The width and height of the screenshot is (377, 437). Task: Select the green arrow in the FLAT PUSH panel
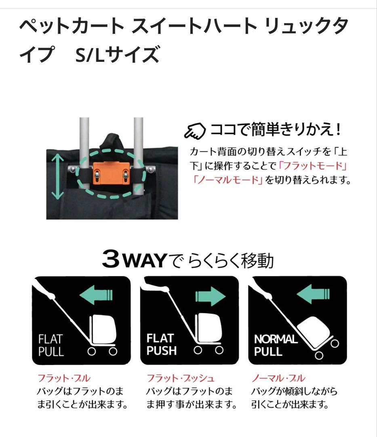tap(210, 297)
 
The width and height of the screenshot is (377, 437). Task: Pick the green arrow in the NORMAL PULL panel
tap(313, 294)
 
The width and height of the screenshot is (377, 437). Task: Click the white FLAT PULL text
tap(51, 344)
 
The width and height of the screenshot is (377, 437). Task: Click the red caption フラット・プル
tap(64, 379)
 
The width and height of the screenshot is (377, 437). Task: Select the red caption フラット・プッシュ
tap(180, 379)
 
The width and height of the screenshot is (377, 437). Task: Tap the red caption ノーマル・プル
tap(278, 379)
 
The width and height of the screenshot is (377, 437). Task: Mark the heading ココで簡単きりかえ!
tap(276, 130)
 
